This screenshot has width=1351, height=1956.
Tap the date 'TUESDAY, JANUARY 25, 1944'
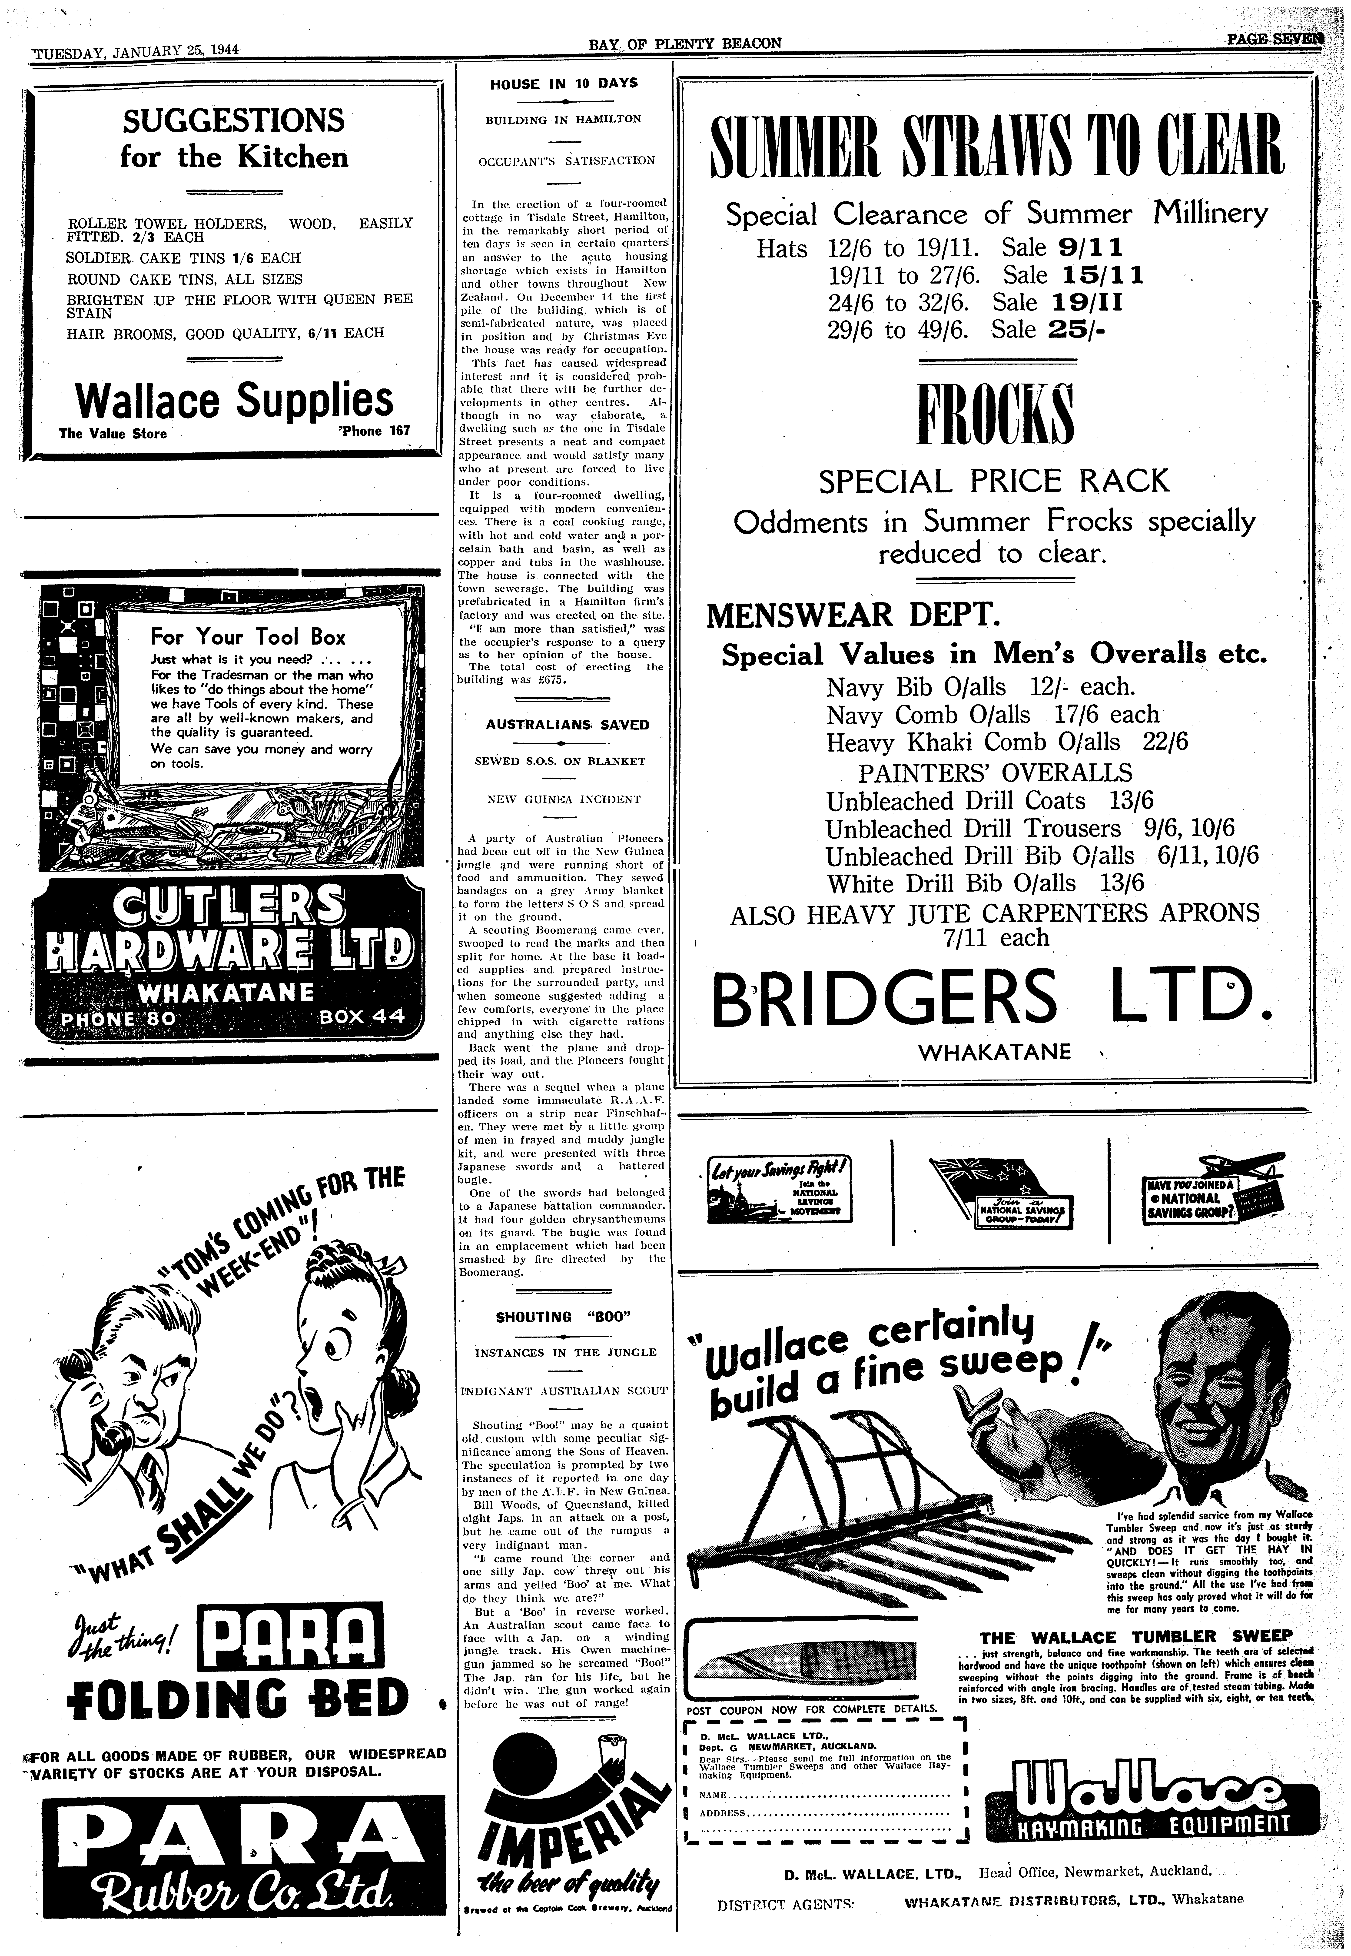pos(136,49)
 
